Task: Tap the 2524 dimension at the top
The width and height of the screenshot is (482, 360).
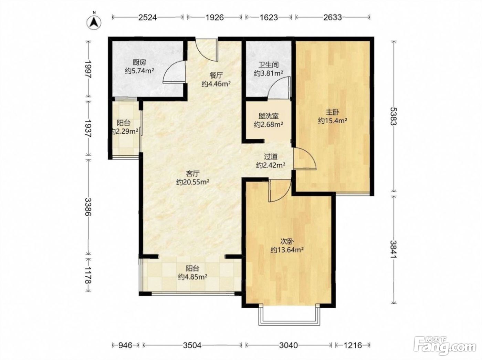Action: click(x=148, y=17)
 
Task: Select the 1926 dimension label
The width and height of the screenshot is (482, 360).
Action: click(x=214, y=17)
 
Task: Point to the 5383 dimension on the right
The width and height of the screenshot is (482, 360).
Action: click(x=394, y=116)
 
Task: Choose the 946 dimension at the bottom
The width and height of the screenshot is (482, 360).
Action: click(x=126, y=345)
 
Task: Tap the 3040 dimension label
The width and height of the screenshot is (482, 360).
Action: click(x=288, y=345)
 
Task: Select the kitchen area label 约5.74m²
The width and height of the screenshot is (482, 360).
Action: click(x=139, y=71)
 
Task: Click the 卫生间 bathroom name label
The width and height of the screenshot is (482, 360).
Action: click(x=268, y=65)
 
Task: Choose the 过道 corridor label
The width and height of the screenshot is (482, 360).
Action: click(x=271, y=157)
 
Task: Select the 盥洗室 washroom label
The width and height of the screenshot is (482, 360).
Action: click(x=268, y=116)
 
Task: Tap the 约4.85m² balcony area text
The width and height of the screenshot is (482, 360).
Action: click(x=192, y=277)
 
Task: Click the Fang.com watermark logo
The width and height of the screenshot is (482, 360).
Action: click(x=445, y=347)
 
